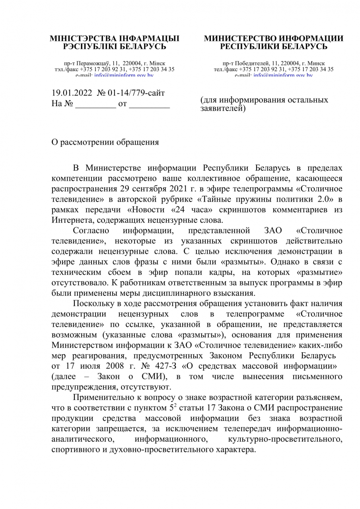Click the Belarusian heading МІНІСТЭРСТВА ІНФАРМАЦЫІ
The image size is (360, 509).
click(115, 39)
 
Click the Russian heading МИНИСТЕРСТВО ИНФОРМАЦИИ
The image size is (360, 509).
click(274, 39)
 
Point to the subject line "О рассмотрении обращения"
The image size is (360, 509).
click(105, 142)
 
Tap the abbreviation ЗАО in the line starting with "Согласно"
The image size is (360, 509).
click(272, 231)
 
